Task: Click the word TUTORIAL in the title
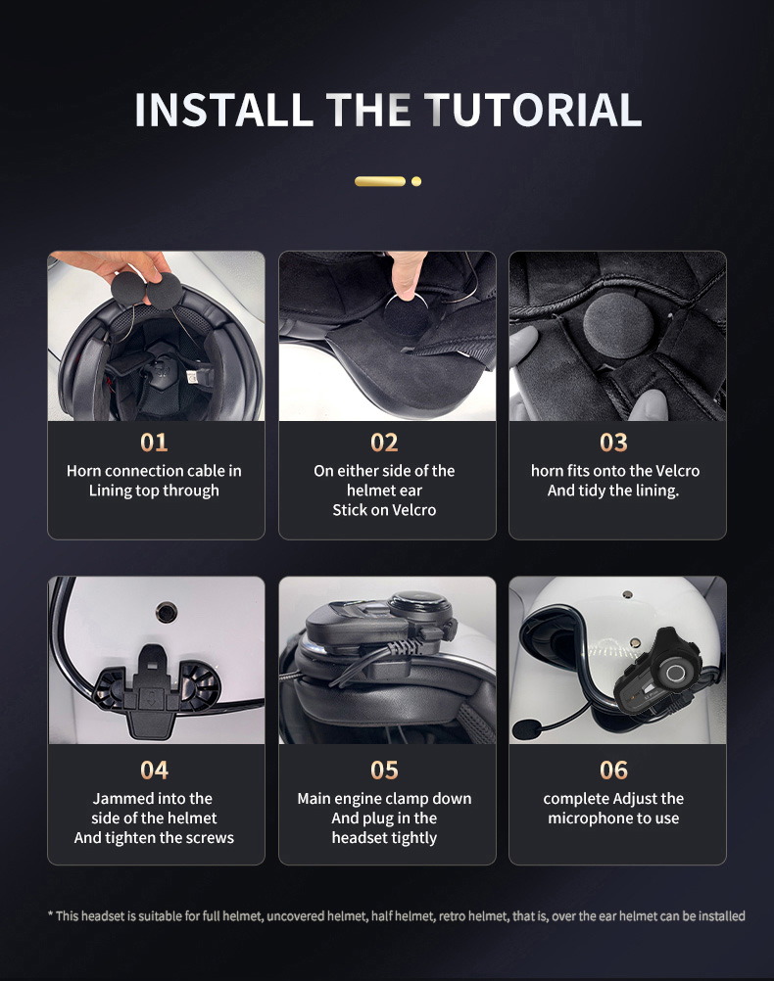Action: click(x=532, y=110)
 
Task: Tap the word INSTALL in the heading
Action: click(x=223, y=110)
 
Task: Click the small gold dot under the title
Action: click(x=416, y=181)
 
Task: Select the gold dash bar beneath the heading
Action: click(x=380, y=181)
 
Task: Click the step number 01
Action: click(x=154, y=443)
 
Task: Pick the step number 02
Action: click(x=384, y=443)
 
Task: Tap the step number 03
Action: click(x=613, y=443)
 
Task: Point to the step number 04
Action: click(x=154, y=771)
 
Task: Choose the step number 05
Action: click(x=384, y=771)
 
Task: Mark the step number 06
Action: click(x=613, y=771)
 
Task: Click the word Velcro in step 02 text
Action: click(x=413, y=510)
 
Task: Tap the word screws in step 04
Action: click(x=212, y=838)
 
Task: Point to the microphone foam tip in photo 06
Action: click(x=527, y=727)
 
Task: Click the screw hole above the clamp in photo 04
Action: click(x=167, y=611)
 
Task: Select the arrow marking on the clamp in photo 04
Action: click(x=150, y=698)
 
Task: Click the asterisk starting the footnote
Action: click(x=50, y=914)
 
